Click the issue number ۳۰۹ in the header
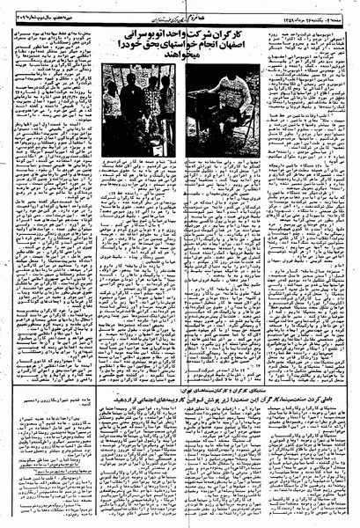[x=100, y=10]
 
